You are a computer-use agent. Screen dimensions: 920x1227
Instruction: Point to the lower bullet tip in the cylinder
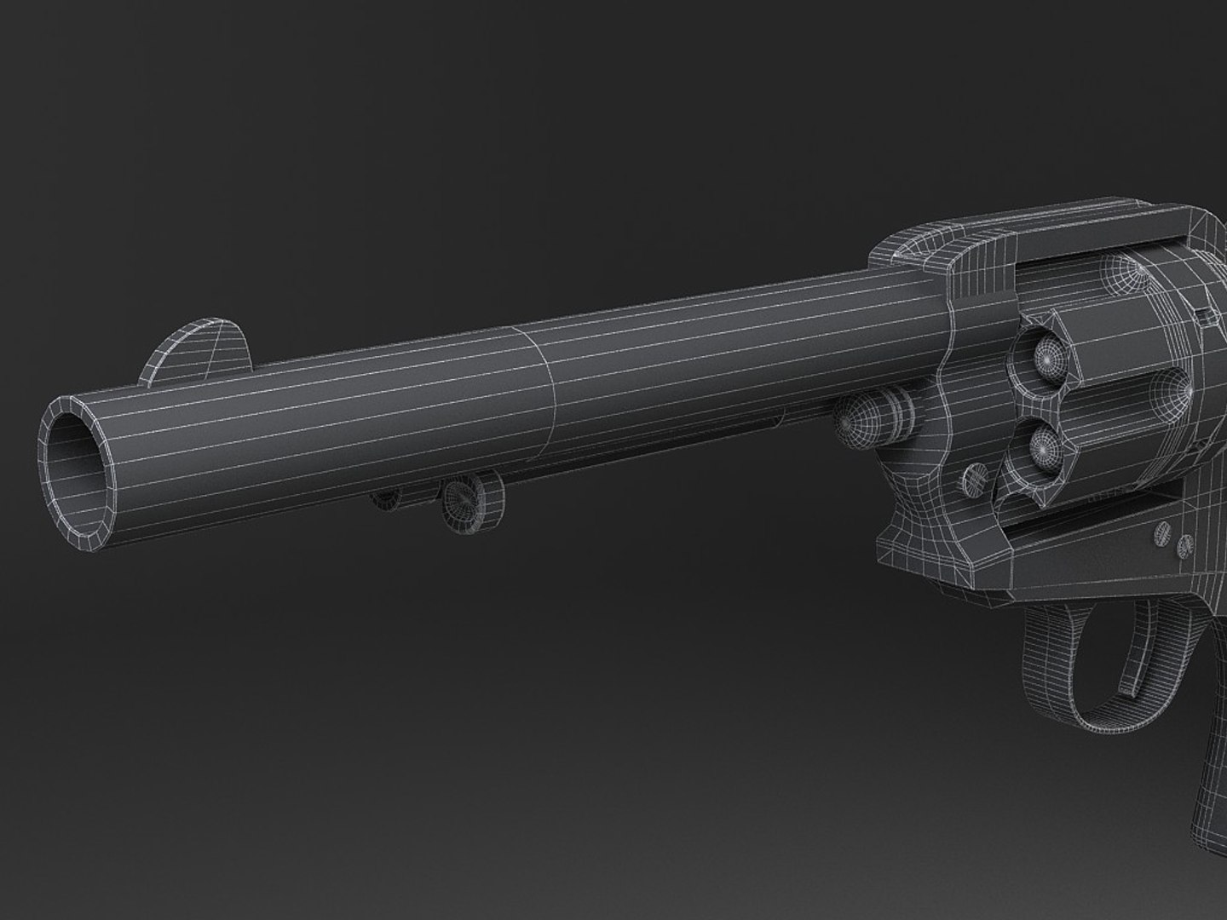pyautogui.click(x=1046, y=443)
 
